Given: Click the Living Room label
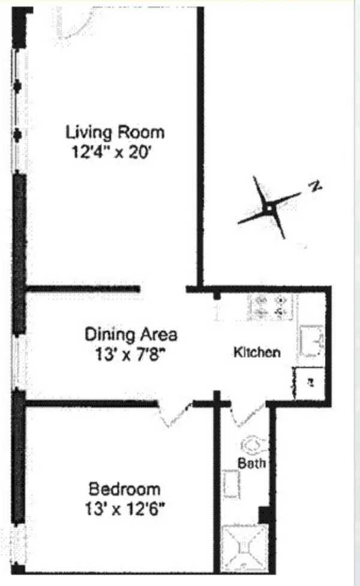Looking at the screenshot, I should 115,131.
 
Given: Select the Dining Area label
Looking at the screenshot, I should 131,333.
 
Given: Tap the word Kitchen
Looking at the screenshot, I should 257,352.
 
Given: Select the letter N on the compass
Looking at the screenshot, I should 314,187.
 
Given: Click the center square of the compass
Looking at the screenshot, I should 269,208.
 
